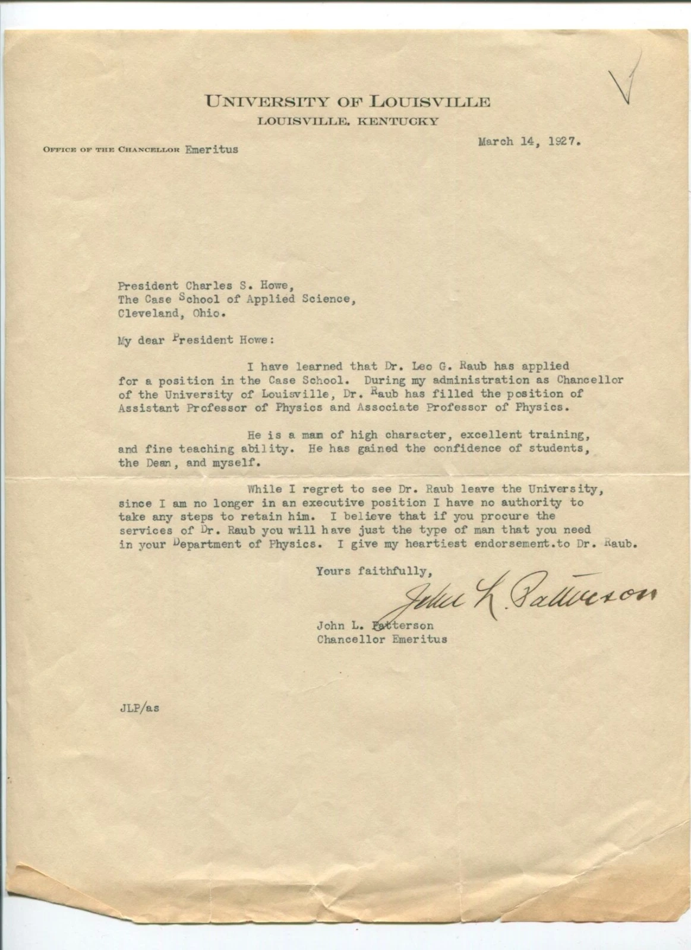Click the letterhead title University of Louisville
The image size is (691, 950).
(348, 101)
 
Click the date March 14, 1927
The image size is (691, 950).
(529, 142)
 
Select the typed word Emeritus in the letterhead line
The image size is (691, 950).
(211, 149)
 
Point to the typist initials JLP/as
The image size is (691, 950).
(139, 708)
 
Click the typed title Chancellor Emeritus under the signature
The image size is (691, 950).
(381, 639)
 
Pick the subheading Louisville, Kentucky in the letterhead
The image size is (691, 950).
(348, 122)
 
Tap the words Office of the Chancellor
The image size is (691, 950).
(111, 150)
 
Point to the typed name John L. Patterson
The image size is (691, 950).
(375, 625)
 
